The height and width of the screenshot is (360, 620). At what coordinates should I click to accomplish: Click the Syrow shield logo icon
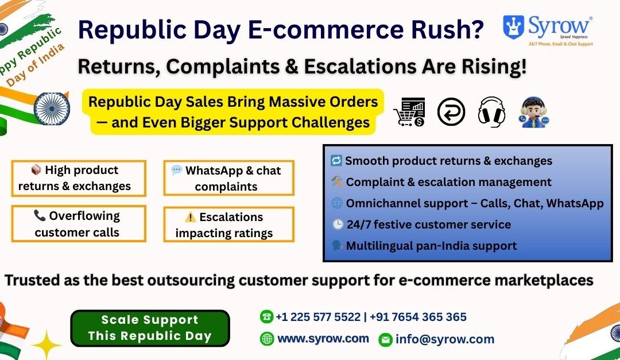coord(514,26)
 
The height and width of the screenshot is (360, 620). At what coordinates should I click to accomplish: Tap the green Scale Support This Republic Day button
coord(150,328)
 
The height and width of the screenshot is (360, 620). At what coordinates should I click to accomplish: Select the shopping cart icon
coord(409,112)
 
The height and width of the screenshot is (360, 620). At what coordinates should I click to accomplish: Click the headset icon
coord(491,111)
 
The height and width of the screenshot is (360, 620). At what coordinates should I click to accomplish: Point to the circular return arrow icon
coord(451,111)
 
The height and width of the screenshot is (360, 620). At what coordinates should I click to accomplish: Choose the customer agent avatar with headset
coord(534,112)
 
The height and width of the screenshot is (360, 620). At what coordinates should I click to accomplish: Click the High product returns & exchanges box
coord(78,178)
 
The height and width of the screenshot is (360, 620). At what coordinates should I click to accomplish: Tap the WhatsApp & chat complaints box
coord(228,178)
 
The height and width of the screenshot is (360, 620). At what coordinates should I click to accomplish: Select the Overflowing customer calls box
coord(78,224)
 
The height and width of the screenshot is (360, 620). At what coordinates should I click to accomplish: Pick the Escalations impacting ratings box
coord(228,224)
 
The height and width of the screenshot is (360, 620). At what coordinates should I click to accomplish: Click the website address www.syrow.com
coord(323,339)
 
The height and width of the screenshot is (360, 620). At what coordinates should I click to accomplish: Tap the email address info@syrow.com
coord(444,339)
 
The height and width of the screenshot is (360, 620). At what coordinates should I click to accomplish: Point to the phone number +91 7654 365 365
coord(418,317)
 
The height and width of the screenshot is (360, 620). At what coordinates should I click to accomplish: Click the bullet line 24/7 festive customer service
coord(427,224)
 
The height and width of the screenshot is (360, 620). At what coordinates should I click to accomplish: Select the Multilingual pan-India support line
coord(431,246)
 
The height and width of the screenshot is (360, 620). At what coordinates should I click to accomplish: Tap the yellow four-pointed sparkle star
coord(46,344)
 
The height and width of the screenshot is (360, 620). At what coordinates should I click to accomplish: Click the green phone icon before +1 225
coord(266,317)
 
